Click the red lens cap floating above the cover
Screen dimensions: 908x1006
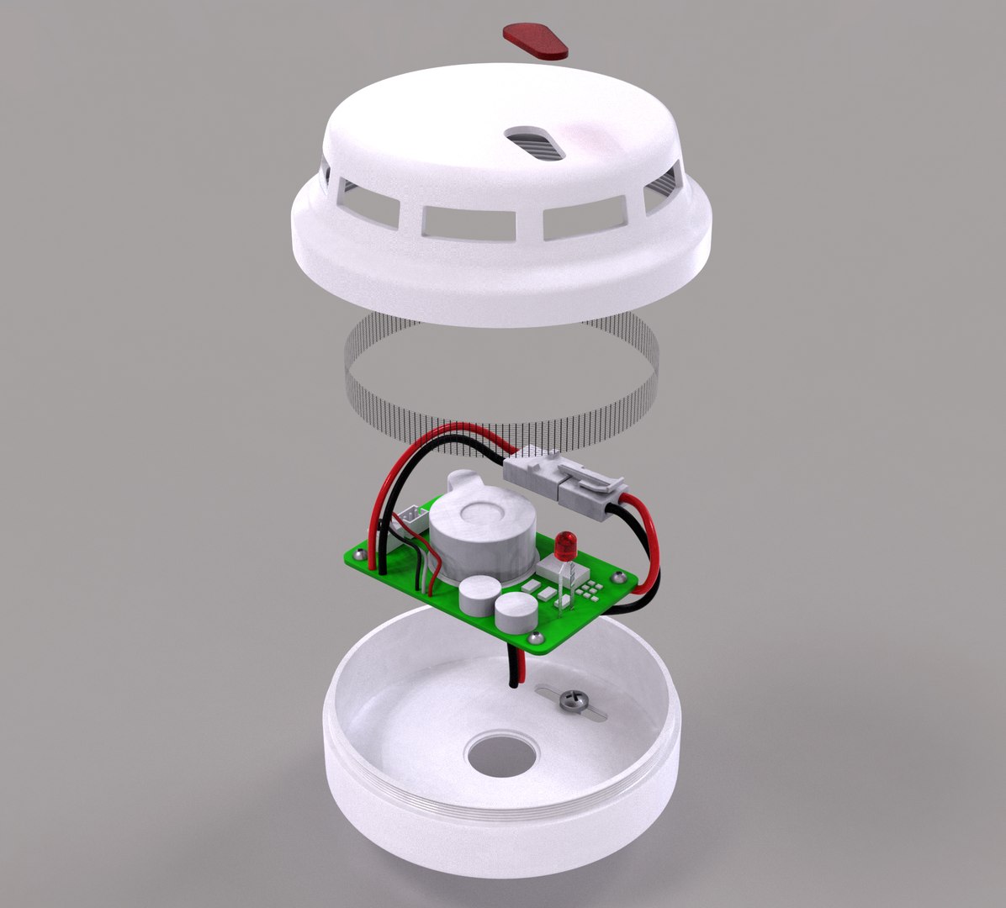[535, 41]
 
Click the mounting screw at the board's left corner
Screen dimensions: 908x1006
[361, 556]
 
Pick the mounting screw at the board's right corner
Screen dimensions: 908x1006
[621, 577]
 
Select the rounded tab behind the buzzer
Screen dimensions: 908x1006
[463, 483]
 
